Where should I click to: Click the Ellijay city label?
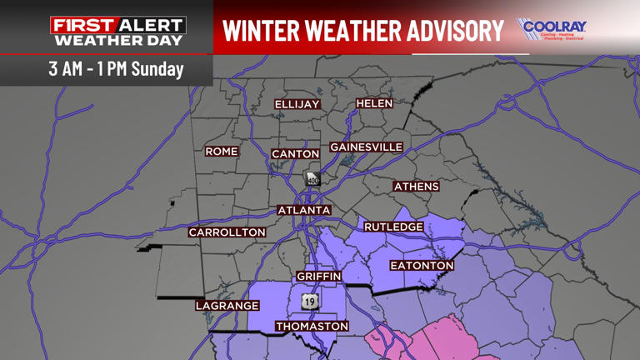coord(297,104)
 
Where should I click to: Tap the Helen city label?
coord(374,103)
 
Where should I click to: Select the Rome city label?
coord(222,152)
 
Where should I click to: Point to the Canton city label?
coord(296,154)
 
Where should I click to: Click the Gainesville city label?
coord(367,147)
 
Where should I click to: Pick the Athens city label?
coord(416,187)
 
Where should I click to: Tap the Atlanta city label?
coord(304,211)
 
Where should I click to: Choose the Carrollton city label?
coord(227,232)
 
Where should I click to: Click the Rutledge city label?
coord(394,227)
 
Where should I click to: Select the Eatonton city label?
coord(422,266)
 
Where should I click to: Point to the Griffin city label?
coord(319,276)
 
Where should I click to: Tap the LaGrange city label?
coord(227,306)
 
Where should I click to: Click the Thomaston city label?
coord(312,326)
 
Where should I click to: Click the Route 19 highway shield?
coord(310,301)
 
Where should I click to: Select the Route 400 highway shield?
coord(312,179)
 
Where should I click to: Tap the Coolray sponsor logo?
coord(552,29)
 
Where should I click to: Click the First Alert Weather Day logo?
coord(117,32)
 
